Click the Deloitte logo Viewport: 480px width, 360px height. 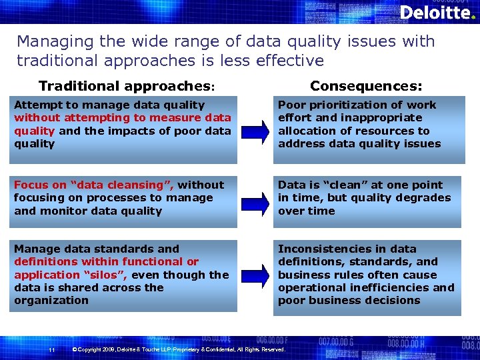coord(434,13)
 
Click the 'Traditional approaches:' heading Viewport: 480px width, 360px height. coord(127,86)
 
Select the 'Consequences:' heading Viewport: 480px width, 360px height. coord(366,86)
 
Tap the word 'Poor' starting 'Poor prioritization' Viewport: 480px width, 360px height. coord(291,105)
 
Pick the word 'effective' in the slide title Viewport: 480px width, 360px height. coord(291,61)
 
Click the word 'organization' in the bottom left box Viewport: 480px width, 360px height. coord(51,300)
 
